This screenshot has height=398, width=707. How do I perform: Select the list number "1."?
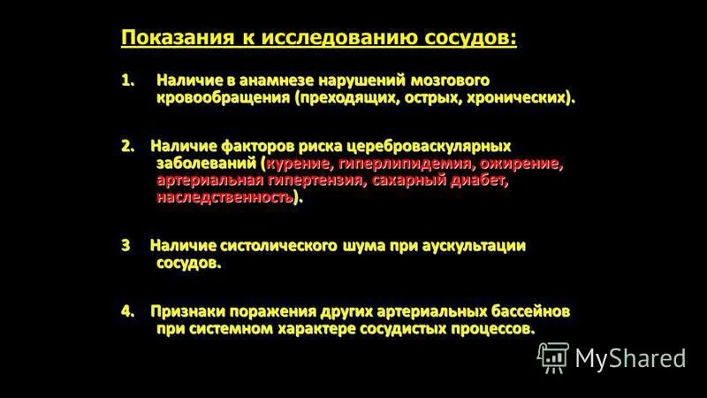pos(130,80)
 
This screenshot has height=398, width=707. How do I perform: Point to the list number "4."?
pos(129,311)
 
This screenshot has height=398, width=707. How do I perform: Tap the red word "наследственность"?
pos(224,197)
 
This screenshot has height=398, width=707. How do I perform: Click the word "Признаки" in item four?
pos(187,311)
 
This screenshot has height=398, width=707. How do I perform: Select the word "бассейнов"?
pos(528,311)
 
